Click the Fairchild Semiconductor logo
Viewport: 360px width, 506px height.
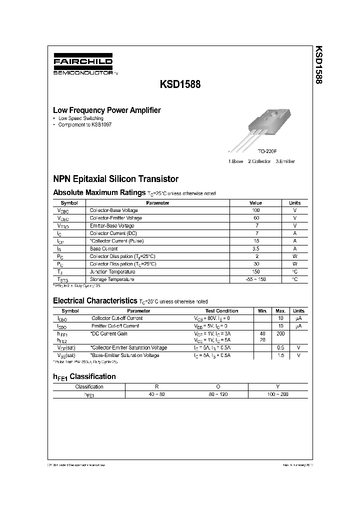83,65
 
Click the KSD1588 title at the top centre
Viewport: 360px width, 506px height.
180,84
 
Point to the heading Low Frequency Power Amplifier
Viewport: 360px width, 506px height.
107,110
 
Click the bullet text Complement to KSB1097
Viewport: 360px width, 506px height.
85,124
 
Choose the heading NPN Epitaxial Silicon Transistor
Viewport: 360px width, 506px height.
115,178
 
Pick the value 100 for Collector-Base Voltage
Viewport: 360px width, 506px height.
255,210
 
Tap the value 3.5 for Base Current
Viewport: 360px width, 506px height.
255,248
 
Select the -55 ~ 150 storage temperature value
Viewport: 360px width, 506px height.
255,279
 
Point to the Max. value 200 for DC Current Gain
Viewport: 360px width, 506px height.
280,333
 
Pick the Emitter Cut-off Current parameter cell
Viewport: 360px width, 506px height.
115,325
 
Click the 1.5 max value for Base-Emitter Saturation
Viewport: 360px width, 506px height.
280,355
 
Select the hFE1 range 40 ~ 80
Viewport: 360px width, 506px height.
155,394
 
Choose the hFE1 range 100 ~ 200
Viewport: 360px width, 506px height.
278,394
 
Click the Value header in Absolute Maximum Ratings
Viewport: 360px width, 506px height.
255,203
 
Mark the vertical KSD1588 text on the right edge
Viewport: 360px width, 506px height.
317,65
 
